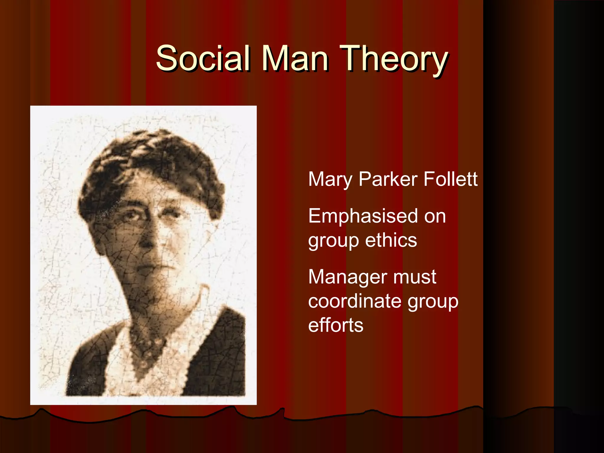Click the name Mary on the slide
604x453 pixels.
coord(330,179)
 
